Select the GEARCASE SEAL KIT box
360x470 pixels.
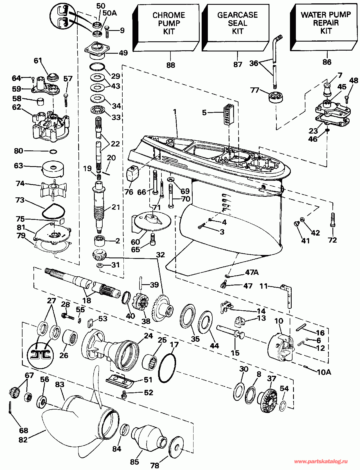coord(235,28)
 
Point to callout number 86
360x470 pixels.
coord(327,62)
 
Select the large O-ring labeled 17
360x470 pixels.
coord(167,368)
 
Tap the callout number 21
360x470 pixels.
coord(116,207)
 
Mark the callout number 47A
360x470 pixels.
coord(252,272)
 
